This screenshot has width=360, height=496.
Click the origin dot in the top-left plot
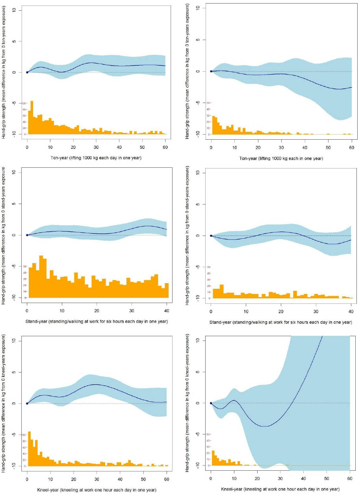27,72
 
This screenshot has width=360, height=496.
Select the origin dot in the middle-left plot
27,235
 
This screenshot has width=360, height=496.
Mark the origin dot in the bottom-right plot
211,403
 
